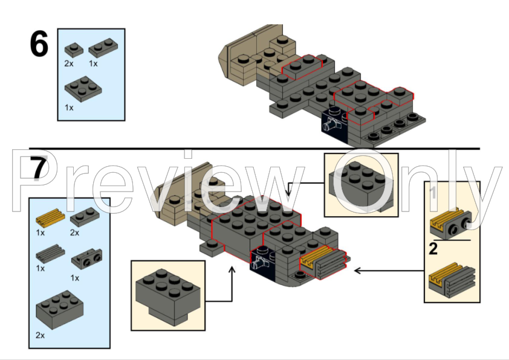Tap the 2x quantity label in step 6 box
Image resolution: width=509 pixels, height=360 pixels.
point(69,63)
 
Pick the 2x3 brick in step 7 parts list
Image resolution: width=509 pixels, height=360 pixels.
point(59,310)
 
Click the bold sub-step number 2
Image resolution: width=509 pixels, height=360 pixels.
point(433,249)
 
